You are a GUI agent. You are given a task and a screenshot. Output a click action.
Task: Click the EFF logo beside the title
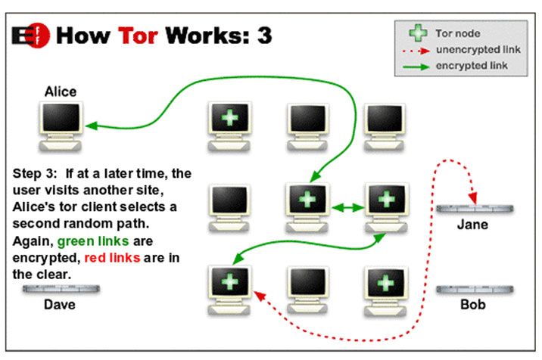coord(31,36)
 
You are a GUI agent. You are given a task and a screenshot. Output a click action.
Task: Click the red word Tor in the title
coord(138,36)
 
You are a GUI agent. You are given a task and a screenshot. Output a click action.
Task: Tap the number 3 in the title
coord(264,36)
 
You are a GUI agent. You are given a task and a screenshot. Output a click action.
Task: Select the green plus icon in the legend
coord(418,33)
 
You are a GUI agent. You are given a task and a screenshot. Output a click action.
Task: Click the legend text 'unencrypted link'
coord(478,50)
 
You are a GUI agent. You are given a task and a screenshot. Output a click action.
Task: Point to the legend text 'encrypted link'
coord(472,66)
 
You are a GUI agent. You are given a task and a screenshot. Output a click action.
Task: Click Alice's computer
coord(61,126)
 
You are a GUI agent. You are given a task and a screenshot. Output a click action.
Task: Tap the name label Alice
coord(61,92)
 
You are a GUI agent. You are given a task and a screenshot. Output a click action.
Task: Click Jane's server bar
coord(475,208)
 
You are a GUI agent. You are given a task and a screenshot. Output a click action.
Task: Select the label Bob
coord(473,304)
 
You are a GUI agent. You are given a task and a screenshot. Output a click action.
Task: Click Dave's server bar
coord(61,289)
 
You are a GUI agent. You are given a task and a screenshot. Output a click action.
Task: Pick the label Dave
coord(60,304)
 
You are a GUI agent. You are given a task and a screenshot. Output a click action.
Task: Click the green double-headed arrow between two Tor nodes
coord(347,208)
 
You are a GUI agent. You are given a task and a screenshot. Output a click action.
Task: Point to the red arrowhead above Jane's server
coord(473,198)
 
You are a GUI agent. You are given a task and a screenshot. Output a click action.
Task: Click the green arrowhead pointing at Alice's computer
coord(92,126)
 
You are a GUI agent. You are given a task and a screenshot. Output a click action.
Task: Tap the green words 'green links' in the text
coord(93,241)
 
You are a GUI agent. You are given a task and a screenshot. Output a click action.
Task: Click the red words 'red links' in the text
coord(112,257)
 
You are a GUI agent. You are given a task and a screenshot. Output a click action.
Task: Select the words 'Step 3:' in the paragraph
coord(35,173)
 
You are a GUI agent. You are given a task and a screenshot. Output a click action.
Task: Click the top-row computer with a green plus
coord(229,126)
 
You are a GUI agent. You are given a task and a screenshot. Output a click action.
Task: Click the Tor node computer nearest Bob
coord(385,291)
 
